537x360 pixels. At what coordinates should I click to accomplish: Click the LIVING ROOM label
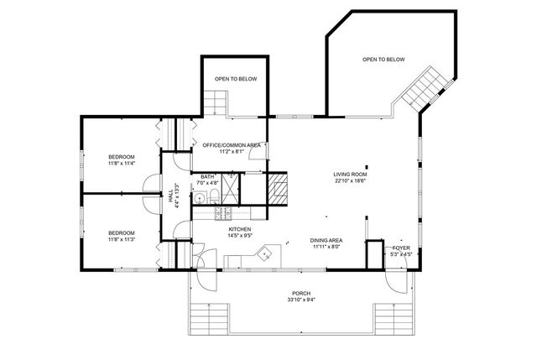pyautogui.click(x=350, y=175)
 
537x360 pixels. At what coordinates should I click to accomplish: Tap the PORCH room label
pyautogui.click(x=301, y=294)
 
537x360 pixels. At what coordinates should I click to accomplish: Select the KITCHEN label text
pyautogui.click(x=240, y=229)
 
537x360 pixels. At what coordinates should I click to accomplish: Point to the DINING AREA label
pyautogui.click(x=326, y=241)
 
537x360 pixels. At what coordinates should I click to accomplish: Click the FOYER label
pyautogui.click(x=401, y=248)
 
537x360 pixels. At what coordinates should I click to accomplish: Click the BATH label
pyautogui.click(x=207, y=177)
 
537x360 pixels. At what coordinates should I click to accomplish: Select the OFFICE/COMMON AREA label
pyautogui.click(x=232, y=145)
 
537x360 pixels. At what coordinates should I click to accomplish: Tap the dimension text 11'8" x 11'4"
pyautogui.click(x=122, y=164)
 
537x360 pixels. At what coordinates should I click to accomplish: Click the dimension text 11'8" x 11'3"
pyautogui.click(x=122, y=239)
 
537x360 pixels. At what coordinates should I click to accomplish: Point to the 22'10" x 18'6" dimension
pyautogui.click(x=351, y=181)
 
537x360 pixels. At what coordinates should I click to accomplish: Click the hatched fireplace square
pyautogui.click(x=277, y=190)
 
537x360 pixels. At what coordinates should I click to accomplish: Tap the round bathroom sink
pyautogui.click(x=199, y=198)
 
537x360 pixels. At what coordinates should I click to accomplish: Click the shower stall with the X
pyautogui.click(x=230, y=189)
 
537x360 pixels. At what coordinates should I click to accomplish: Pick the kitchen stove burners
pyautogui.click(x=223, y=213)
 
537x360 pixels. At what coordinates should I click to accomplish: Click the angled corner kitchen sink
pyautogui.click(x=265, y=253)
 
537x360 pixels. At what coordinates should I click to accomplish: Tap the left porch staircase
pyautogui.click(x=209, y=319)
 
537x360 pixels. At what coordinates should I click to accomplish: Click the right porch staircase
pyautogui.click(x=394, y=319)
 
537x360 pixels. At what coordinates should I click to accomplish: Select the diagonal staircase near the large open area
pyautogui.click(x=425, y=89)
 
